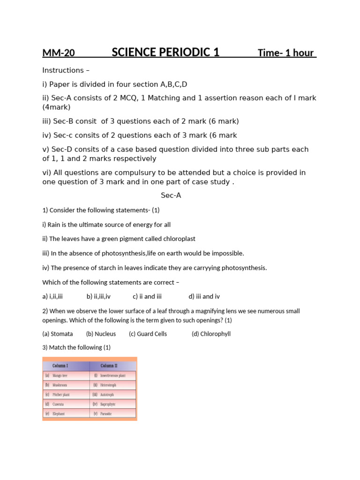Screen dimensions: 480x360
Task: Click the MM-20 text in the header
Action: (x=59, y=53)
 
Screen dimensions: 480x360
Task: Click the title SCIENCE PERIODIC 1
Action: (x=165, y=52)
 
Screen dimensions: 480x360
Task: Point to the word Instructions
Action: (x=63, y=70)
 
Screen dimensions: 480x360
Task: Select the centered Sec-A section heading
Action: (x=171, y=195)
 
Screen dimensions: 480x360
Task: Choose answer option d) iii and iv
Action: (x=204, y=296)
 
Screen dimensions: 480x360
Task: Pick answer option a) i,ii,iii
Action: (x=52, y=296)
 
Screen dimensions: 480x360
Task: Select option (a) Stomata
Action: (x=58, y=334)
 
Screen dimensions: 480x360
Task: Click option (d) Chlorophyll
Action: (x=211, y=334)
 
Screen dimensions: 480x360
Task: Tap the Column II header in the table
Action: (x=109, y=366)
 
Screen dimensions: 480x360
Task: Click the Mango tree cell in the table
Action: (x=60, y=375)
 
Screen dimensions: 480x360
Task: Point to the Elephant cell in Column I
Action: (x=59, y=414)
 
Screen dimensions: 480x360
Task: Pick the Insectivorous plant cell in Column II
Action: (x=112, y=375)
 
